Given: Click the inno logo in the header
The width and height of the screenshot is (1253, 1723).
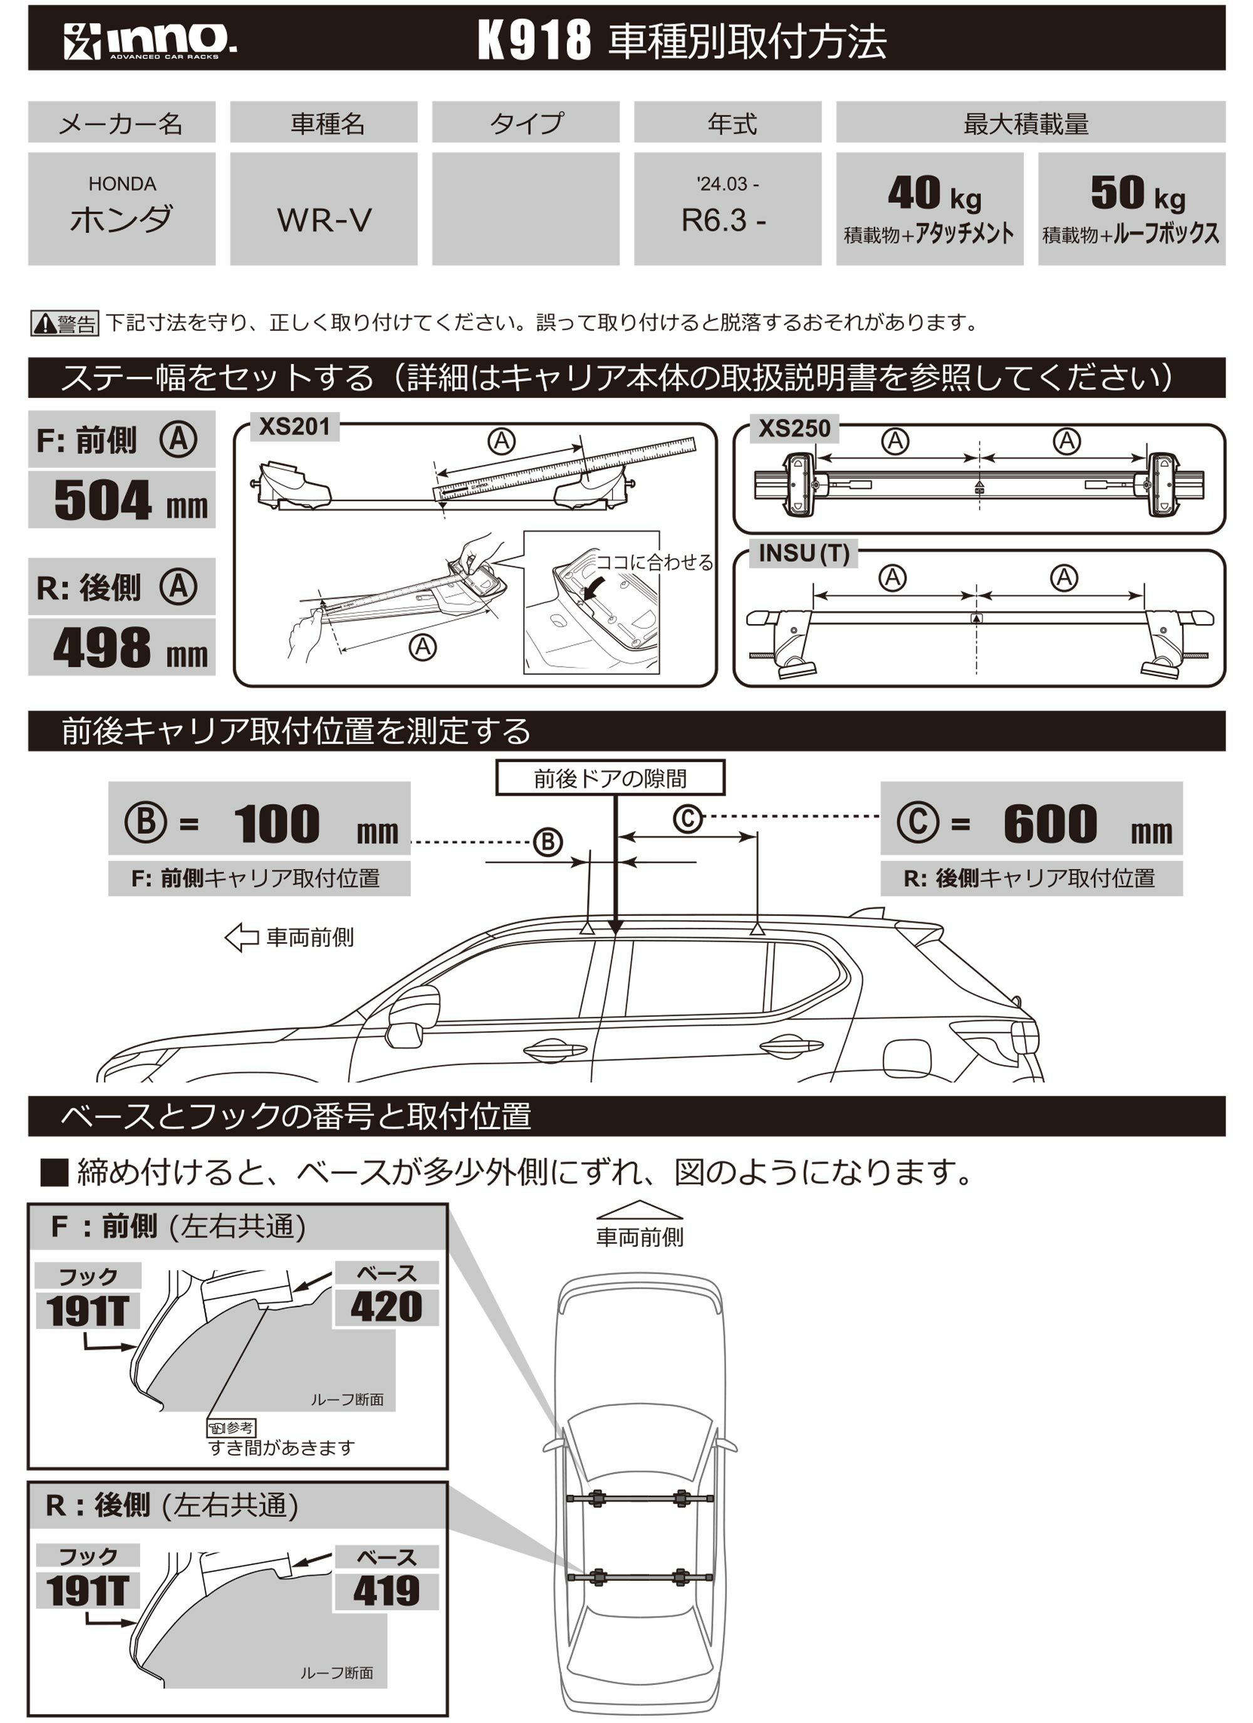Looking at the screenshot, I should click(149, 40).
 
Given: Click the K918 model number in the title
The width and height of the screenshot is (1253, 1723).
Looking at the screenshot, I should click(534, 40).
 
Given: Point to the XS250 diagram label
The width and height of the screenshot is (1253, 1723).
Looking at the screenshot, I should click(794, 429).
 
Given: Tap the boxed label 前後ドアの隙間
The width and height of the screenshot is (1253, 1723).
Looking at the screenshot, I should click(610, 779).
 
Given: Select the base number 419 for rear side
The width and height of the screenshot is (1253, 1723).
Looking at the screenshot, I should click(386, 1591).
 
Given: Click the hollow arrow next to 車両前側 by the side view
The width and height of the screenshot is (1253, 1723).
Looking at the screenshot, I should click(242, 937).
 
